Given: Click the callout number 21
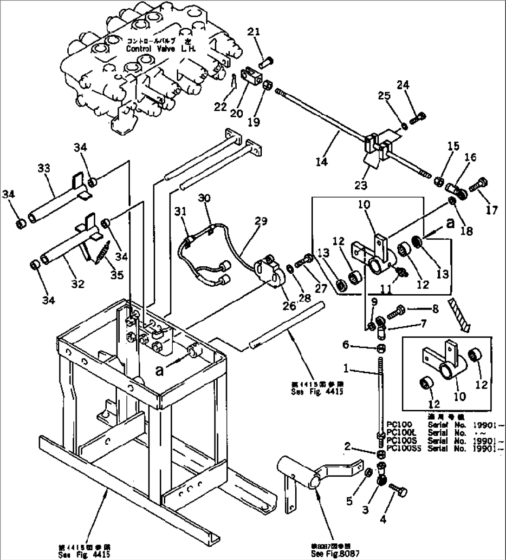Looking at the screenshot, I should (x=266, y=32).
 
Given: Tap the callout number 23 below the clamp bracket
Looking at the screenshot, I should (x=361, y=185).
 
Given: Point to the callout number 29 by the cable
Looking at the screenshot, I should (x=261, y=221).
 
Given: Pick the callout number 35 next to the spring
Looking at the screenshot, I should (x=117, y=275).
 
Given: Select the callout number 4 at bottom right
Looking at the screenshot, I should (x=383, y=520).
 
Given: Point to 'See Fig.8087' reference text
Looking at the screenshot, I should (x=335, y=554).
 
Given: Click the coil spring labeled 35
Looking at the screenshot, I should (x=103, y=251).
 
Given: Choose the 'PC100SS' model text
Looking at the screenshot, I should (x=401, y=448).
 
